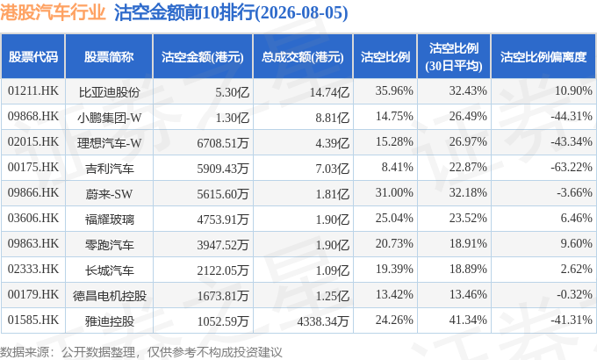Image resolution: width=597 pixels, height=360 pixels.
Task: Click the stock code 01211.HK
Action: (x=33, y=91)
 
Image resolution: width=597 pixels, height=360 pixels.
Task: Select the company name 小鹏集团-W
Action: (x=109, y=118)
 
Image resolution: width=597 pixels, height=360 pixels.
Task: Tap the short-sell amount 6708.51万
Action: (x=223, y=143)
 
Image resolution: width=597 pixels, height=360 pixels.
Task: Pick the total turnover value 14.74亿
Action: (x=329, y=92)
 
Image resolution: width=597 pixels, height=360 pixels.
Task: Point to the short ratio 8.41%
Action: (x=397, y=167)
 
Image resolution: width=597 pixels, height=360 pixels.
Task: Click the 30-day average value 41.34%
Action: (x=468, y=320)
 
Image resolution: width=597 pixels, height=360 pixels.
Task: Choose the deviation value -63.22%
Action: (x=572, y=167)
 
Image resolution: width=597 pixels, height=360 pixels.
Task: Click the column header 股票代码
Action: (x=33, y=57)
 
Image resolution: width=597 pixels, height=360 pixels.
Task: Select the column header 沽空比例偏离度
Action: (x=543, y=57)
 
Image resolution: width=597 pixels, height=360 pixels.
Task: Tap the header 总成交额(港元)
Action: (x=303, y=57)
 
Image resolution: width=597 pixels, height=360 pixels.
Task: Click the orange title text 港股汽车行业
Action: (x=53, y=12)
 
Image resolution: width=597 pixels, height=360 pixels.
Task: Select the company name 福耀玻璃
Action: (x=109, y=220)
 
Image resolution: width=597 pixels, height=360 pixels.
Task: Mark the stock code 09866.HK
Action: (x=33, y=193)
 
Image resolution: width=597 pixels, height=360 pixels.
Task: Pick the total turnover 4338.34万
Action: (x=323, y=321)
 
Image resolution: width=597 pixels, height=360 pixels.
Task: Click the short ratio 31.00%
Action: (x=394, y=193)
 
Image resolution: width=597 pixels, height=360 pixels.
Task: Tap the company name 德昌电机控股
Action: (x=110, y=296)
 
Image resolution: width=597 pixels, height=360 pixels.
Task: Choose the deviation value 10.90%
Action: (x=573, y=91)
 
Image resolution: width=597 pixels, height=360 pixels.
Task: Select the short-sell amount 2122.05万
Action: (x=223, y=270)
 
